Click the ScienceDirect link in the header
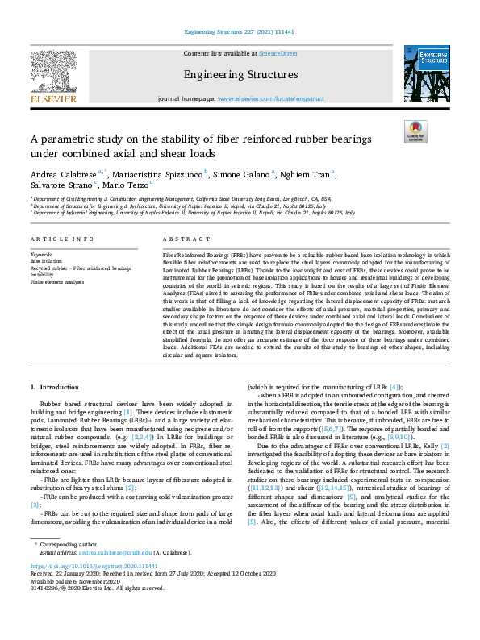(278, 52)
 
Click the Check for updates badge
(415, 131)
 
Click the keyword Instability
(43, 275)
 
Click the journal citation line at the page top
(240, 33)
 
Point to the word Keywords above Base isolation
(42, 255)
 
